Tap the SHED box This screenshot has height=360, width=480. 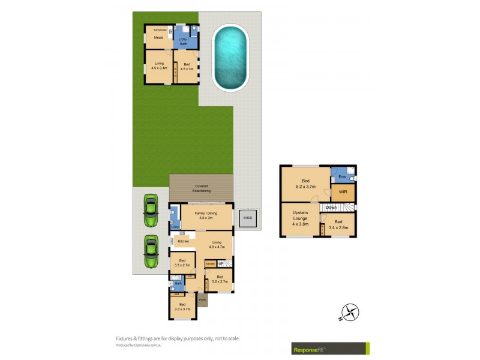tap(247, 218)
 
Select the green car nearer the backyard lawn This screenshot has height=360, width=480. tap(150, 211)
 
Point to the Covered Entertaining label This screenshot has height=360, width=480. tap(200, 188)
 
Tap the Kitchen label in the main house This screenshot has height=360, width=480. tap(183, 241)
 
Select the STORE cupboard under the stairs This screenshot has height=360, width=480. tap(210, 263)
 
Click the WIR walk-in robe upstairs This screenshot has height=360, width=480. tap(343, 193)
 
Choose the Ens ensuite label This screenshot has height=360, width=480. tap(342, 176)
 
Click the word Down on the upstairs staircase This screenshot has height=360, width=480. tap(331, 208)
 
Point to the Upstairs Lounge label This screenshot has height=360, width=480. tap(300, 218)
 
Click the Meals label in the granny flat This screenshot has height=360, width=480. tap(158, 37)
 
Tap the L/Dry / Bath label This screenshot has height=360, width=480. tap(183, 42)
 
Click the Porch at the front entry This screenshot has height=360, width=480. tap(203, 299)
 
